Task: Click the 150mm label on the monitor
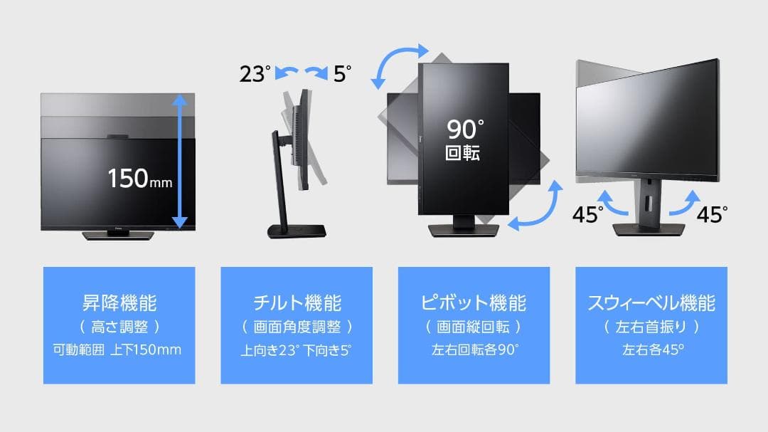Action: pos(139,178)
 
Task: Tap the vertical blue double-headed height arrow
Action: pos(180,162)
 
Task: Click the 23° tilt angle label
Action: pos(255,73)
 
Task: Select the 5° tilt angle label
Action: pos(342,73)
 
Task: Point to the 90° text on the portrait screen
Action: pos(465,130)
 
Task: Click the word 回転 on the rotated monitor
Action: pos(462,154)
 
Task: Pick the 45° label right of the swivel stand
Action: pos(712,214)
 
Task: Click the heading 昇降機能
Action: pos(119,302)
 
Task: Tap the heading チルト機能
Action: pos(297,302)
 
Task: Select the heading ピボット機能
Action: pos(474,302)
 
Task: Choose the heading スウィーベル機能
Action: pos(651,302)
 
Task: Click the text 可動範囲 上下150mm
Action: pos(118,349)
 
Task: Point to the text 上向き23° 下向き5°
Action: pos(296,349)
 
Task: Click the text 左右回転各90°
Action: pos(474,349)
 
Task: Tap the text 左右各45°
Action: pos(651,349)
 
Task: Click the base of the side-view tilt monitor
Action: pos(297,231)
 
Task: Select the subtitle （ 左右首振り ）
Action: pos(651,327)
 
